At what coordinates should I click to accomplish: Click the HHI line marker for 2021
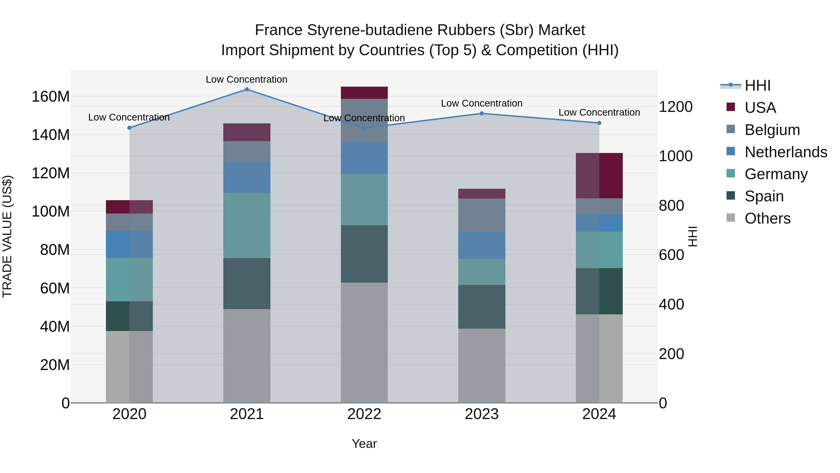pos(247,89)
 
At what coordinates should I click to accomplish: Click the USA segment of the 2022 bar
pos(364,93)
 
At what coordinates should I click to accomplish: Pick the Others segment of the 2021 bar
pos(247,356)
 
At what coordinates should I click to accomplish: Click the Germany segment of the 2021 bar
pos(247,226)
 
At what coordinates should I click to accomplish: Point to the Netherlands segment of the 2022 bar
pos(364,158)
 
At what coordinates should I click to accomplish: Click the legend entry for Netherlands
pos(786,152)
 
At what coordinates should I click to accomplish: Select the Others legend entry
pos(768,218)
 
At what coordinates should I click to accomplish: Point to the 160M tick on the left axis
pos(51,97)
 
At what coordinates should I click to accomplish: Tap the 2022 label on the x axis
pos(364,414)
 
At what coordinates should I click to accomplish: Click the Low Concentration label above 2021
pos(247,79)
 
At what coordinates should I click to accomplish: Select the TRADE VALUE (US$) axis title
pos(7,236)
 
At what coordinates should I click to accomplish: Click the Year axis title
pos(364,444)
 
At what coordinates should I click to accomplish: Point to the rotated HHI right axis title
pos(693,236)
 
